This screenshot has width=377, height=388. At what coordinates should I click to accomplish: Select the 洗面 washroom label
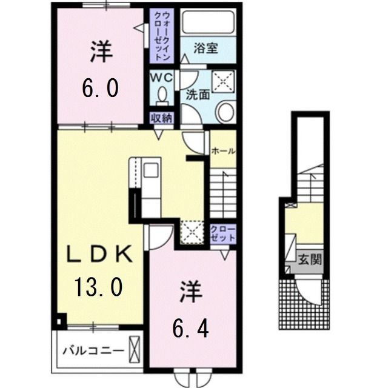(198, 95)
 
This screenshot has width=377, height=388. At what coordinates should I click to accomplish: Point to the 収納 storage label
(161, 118)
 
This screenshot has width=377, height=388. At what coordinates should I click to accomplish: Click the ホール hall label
(223, 152)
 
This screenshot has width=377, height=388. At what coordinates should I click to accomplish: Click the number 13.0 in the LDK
(99, 284)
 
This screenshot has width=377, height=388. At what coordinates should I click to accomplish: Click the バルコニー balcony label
(93, 350)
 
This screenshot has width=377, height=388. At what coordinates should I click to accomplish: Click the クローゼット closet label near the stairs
(223, 234)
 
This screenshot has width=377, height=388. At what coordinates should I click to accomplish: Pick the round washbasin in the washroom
(225, 112)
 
